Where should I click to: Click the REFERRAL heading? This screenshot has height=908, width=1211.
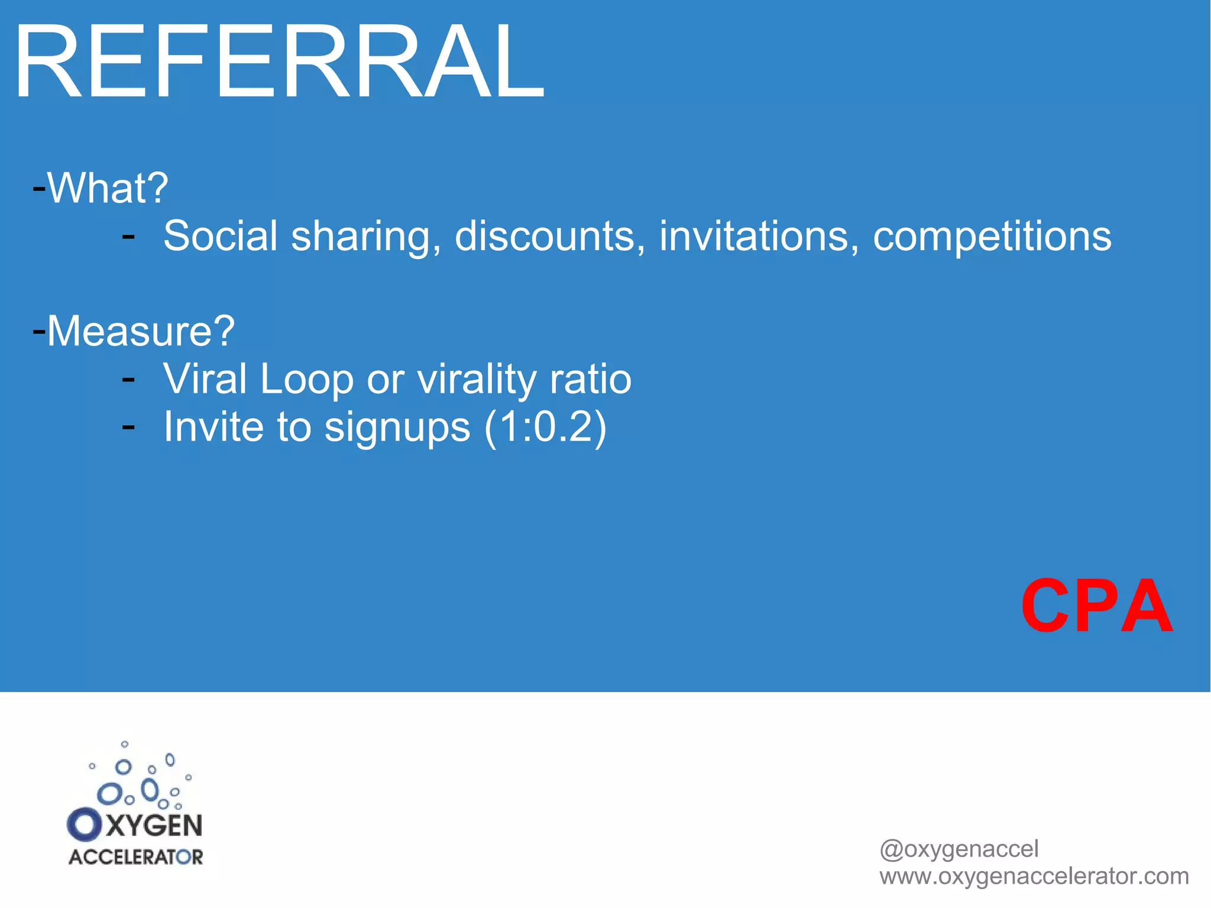(278, 62)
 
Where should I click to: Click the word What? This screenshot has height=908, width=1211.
(108, 189)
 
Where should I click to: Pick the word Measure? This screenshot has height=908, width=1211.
(141, 331)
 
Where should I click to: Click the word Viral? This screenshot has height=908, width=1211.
(205, 379)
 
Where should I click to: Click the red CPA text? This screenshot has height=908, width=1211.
(1097, 606)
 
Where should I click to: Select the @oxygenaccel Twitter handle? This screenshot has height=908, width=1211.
(959, 849)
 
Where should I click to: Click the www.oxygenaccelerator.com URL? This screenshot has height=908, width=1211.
(1034, 876)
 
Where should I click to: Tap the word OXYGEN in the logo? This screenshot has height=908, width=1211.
(135, 825)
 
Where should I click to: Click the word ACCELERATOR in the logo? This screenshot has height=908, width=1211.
(135, 857)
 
